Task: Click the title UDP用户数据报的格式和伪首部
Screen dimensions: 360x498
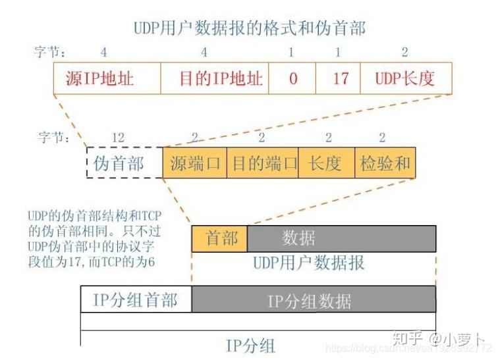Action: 250,28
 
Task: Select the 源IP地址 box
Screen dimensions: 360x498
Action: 107,78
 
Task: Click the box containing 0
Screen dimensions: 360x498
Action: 292,78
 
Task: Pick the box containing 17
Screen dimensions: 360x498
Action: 339,78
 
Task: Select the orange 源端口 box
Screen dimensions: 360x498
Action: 194,163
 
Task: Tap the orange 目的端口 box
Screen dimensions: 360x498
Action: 263,163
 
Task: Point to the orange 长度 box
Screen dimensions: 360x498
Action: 327,163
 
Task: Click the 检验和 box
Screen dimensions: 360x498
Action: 385,163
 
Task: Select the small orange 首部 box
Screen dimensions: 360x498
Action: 219,238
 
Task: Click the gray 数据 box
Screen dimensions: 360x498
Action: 341,238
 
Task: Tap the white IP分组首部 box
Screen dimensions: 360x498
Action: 136,300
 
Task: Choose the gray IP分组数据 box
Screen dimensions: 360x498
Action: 314,300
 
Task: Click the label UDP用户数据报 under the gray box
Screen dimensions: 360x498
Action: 309,263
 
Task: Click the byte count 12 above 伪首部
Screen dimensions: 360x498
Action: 119,137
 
